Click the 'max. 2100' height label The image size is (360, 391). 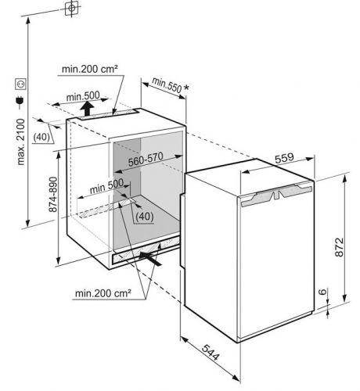(21, 142)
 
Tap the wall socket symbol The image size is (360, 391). (20, 84)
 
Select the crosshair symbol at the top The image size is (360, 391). (71, 8)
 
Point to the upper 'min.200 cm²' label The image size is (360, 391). (90, 69)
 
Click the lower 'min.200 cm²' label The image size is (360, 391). (103, 293)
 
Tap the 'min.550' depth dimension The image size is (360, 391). (167, 85)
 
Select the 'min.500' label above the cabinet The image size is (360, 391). (83, 96)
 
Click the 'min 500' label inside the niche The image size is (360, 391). (106, 187)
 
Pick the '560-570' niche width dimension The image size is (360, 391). (146, 159)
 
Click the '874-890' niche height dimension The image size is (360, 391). (53, 195)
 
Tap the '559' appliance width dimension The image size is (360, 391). (284, 158)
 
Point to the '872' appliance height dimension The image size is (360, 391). (339, 247)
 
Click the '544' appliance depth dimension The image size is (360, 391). (211, 353)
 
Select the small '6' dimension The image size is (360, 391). (323, 292)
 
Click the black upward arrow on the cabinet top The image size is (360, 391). (88, 109)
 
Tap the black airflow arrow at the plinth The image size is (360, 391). (150, 258)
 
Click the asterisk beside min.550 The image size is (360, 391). (186, 88)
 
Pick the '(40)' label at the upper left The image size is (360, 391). (41, 137)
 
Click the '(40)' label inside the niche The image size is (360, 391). (145, 217)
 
